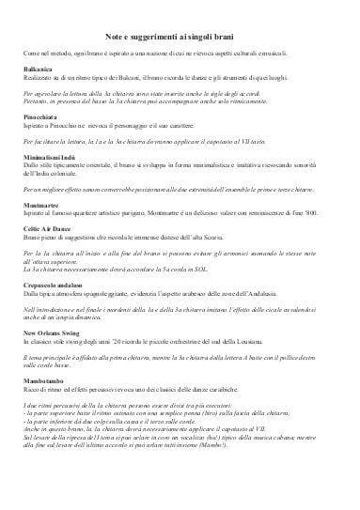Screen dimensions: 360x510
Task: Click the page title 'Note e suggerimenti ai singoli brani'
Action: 180,33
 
